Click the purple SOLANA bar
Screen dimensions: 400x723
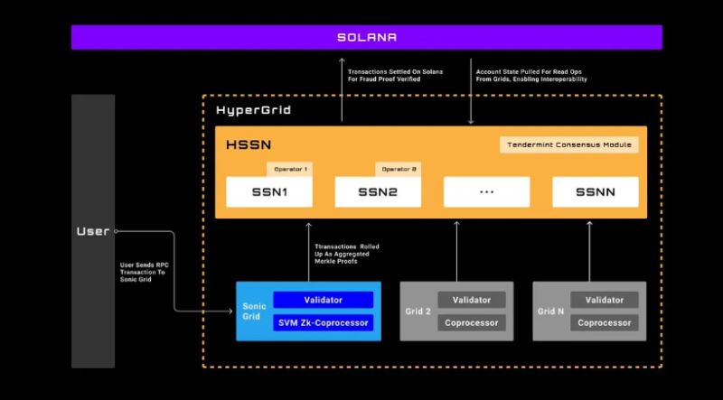pyautogui.click(x=366, y=37)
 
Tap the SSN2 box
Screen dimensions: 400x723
pyautogui.click(x=377, y=191)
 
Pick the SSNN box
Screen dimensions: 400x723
pyautogui.click(x=595, y=191)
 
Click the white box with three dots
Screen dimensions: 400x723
pyautogui.click(x=486, y=191)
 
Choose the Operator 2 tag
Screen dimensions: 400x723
pyautogui.click(x=399, y=169)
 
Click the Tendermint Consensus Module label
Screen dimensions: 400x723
pyautogui.click(x=569, y=144)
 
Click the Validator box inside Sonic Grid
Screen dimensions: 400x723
pyautogui.click(x=323, y=300)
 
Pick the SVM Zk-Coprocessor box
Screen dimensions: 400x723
pyautogui.click(x=323, y=322)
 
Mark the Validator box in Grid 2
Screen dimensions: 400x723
pyautogui.click(x=471, y=300)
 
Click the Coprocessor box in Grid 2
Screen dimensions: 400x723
pyautogui.click(x=471, y=322)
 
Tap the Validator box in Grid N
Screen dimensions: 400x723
pyautogui.click(x=605, y=300)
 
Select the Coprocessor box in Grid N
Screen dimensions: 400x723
pyautogui.click(x=605, y=322)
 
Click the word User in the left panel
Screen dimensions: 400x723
pyautogui.click(x=92, y=231)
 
